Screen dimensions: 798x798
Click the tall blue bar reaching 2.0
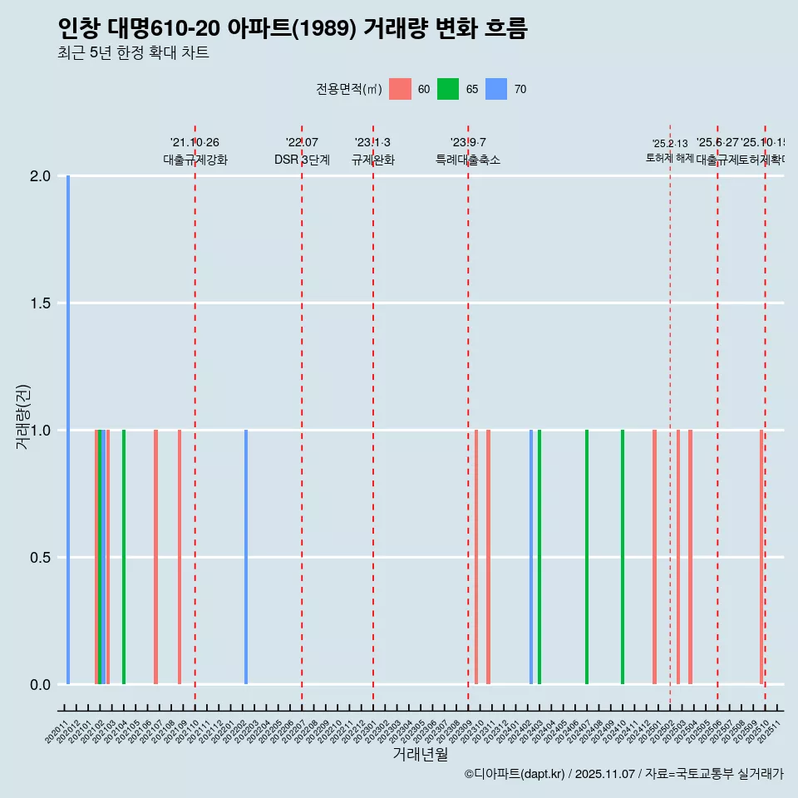(x=68, y=430)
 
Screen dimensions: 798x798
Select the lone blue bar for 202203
(x=246, y=557)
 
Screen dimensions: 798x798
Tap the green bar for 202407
(x=587, y=557)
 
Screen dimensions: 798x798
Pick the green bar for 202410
(x=623, y=557)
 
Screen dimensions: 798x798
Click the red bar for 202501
(x=655, y=557)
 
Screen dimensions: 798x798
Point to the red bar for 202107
(x=155, y=557)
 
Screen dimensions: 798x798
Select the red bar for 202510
(x=761, y=557)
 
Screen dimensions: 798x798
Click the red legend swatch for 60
(x=401, y=89)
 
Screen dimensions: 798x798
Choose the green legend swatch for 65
(x=448, y=89)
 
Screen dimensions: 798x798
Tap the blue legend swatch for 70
(x=496, y=89)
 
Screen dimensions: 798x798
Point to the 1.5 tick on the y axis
(x=39, y=303)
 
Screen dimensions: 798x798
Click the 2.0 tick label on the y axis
(x=39, y=176)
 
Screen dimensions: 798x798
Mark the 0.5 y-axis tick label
(x=39, y=557)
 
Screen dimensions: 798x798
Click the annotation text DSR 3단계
(x=302, y=160)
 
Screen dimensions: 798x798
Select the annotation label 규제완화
(x=372, y=160)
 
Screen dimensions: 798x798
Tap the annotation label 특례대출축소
(x=468, y=160)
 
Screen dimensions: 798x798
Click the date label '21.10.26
(x=195, y=143)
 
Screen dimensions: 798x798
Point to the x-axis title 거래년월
(x=420, y=754)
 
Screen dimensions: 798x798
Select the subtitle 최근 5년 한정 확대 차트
(x=133, y=53)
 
